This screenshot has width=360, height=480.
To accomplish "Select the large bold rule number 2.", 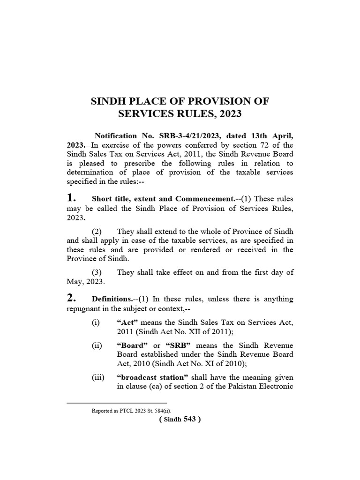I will pos(72,299).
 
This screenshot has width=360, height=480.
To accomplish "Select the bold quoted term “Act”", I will pos(126,323).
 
